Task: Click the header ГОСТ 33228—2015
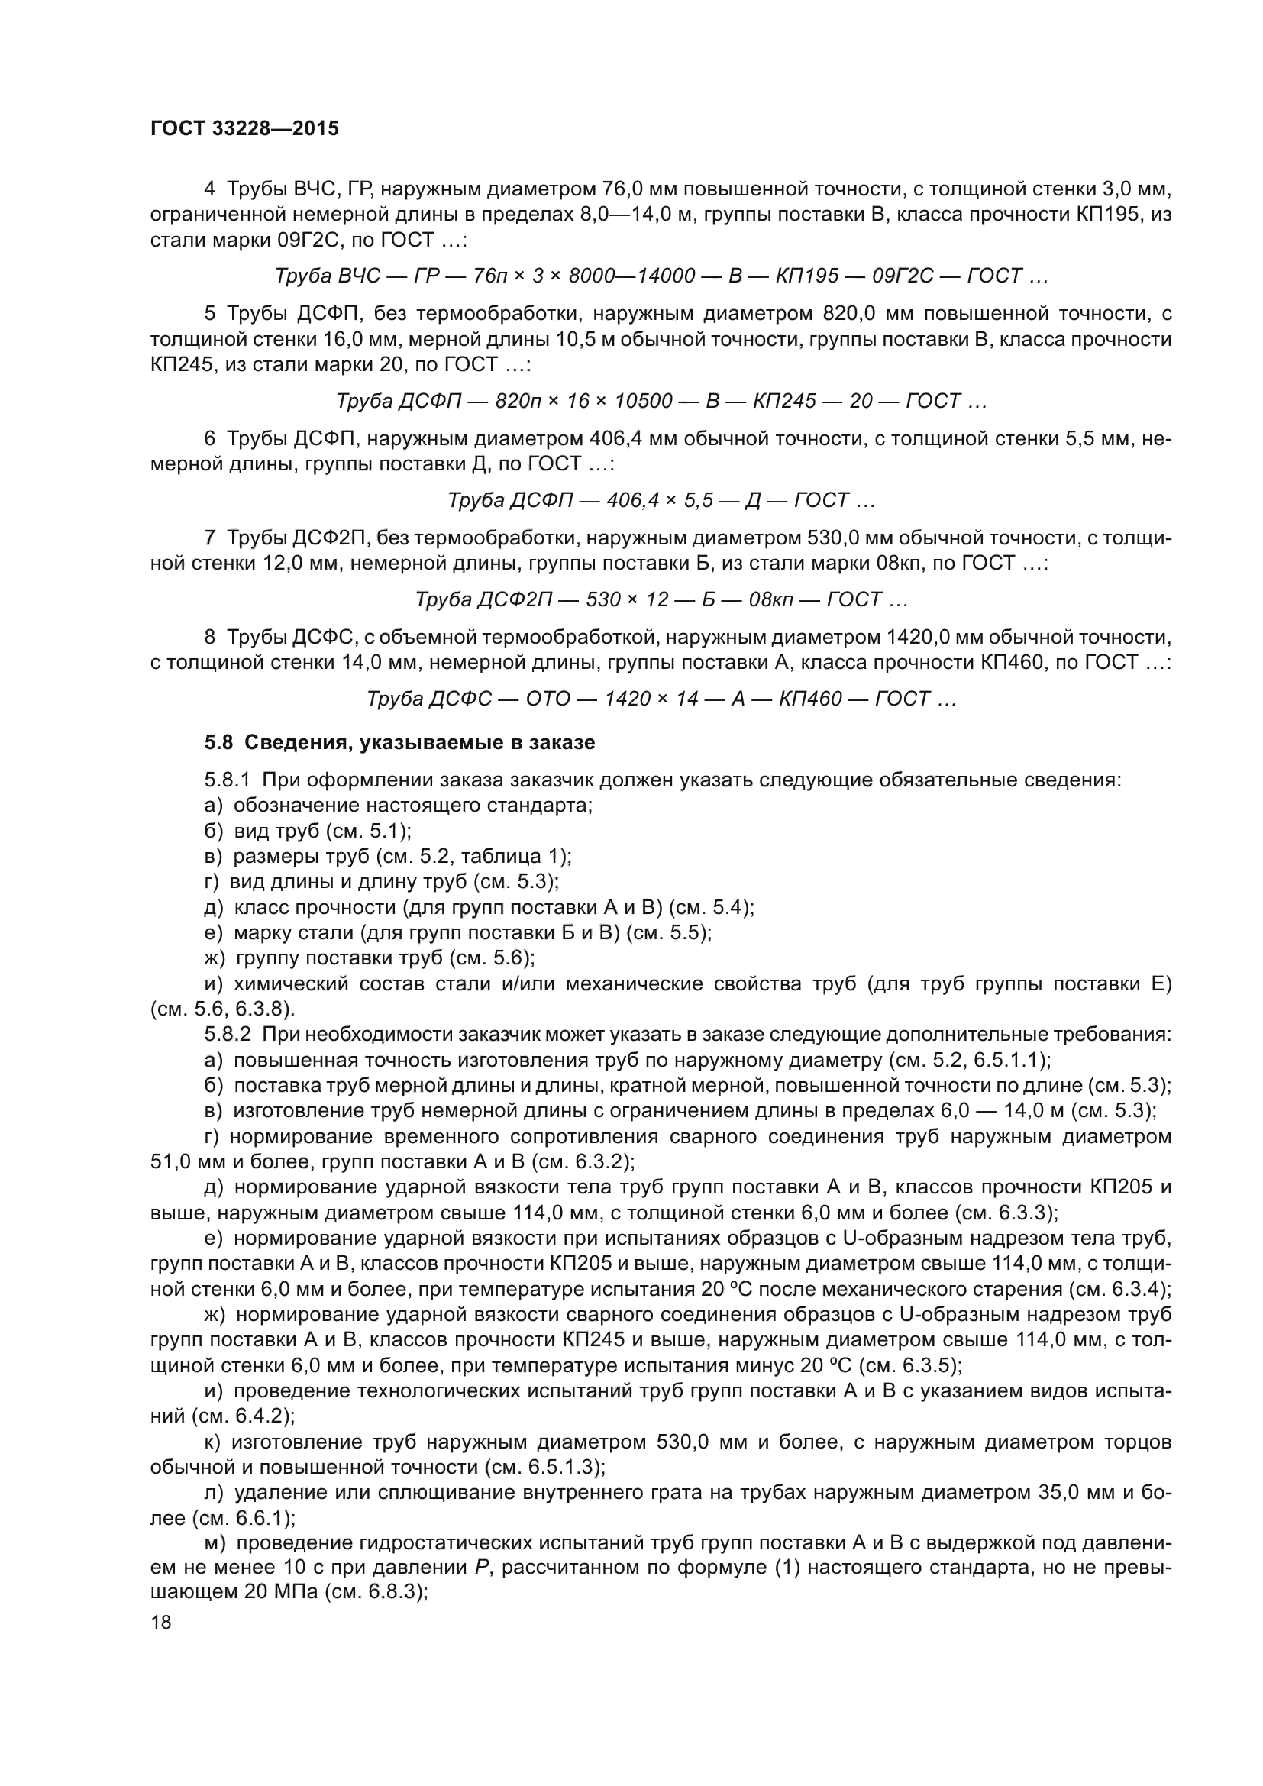pos(245,129)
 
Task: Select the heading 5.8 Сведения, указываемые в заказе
pos(399,743)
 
